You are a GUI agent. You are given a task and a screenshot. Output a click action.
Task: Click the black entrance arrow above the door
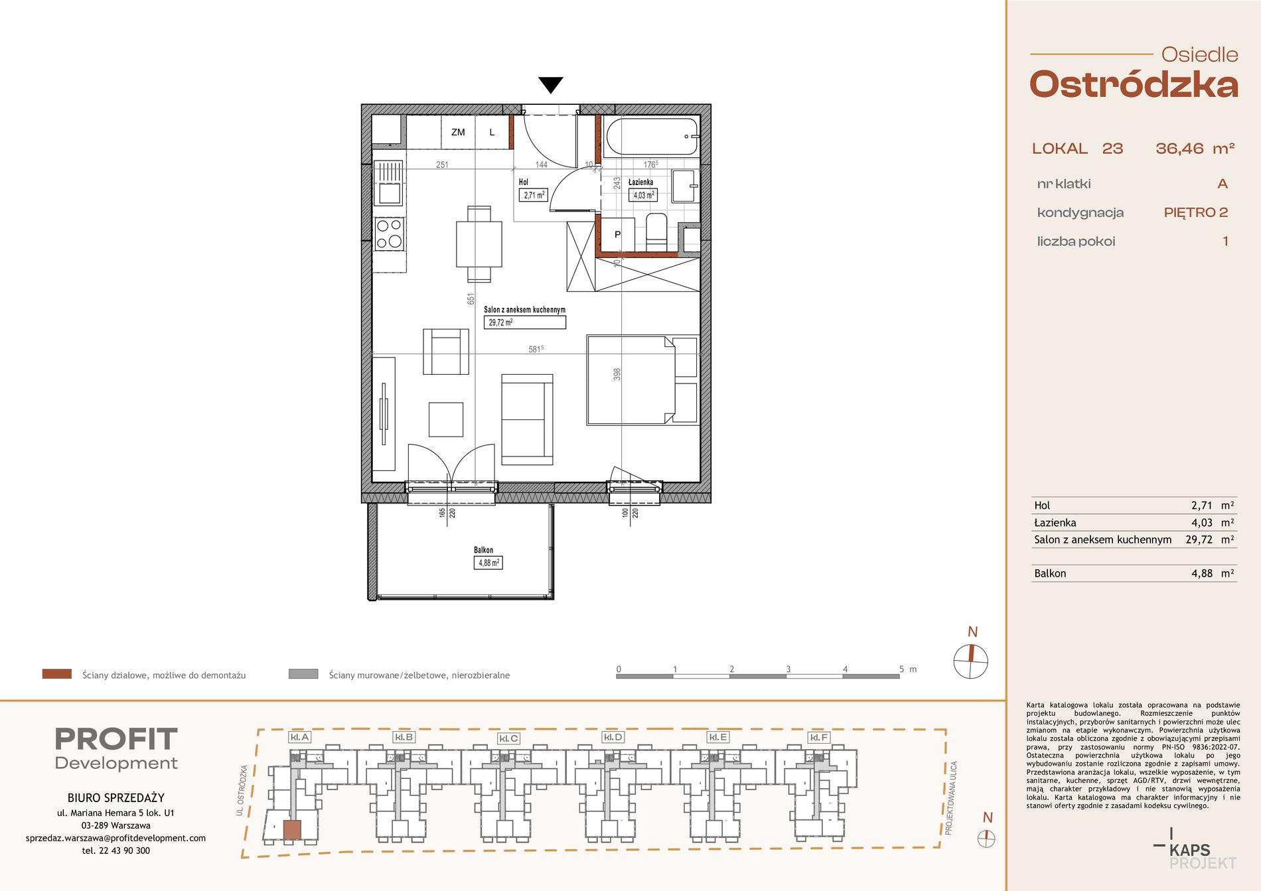click(551, 85)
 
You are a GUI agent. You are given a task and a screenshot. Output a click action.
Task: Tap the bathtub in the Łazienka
click(652, 136)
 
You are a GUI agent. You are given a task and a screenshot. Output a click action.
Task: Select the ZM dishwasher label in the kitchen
click(458, 132)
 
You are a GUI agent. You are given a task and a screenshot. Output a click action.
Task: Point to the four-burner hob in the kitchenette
click(389, 234)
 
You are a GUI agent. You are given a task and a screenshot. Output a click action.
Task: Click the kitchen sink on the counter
click(389, 183)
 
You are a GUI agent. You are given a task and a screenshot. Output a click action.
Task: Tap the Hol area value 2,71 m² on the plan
click(534, 195)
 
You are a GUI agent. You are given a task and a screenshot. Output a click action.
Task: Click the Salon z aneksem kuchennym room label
click(524, 310)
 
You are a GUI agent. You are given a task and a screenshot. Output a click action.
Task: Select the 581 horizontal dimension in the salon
click(536, 349)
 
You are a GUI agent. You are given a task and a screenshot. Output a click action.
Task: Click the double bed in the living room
click(642, 379)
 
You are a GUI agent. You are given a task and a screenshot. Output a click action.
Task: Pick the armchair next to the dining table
click(446, 352)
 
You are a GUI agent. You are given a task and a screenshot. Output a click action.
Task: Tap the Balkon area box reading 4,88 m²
click(488, 563)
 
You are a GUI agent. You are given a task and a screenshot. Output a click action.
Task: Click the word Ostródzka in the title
click(1134, 85)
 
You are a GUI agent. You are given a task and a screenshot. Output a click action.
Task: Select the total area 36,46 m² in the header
click(1195, 149)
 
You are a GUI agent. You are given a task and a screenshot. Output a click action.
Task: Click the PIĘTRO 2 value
click(1196, 212)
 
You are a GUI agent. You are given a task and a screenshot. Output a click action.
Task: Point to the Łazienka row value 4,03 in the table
click(1202, 523)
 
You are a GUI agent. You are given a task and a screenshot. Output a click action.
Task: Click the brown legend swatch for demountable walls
click(57, 674)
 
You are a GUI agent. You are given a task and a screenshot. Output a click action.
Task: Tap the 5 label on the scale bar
click(901, 669)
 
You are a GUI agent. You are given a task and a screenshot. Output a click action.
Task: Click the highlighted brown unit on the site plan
click(292, 830)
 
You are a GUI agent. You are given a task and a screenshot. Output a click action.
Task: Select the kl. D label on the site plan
click(613, 737)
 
